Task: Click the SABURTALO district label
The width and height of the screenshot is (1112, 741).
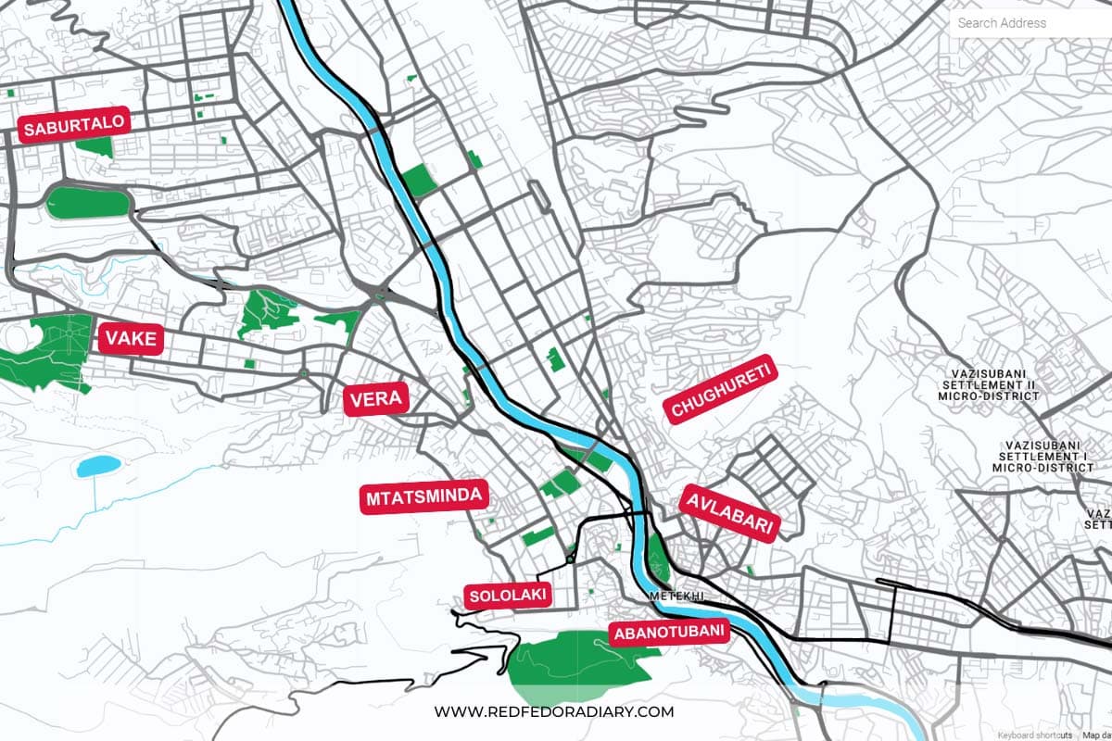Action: pyautogui.click(x=72, y=127)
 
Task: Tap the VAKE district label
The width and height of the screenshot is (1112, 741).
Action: pyautogui.click(x=131, y=339)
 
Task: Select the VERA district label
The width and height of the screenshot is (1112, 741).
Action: pyautogui.click(x=375, y=400)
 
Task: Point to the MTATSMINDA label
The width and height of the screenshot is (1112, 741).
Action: pyautogui.click(x=423, y=497)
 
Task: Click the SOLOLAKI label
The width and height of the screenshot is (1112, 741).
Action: pyautogui.click(x=507, y=595)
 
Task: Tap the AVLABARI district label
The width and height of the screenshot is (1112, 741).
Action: pyautogui.click(x=728, y=512)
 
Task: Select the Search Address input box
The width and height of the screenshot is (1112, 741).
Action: pyautogui.click(x=1029, y=23)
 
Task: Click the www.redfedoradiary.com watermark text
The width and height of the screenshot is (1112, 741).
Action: pyautogui.click(x=554, y=712)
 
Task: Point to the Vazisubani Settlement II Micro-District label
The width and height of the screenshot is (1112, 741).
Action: pyautogui.click(x=990, y=383)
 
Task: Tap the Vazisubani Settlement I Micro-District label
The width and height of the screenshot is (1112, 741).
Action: pyautogui.click(x=1043, y=456)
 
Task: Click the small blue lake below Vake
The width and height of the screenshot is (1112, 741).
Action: pyautogui.click(x=98, y=464)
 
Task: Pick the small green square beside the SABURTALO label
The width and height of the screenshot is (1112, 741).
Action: pyautogui.click(x=94, y=145)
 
